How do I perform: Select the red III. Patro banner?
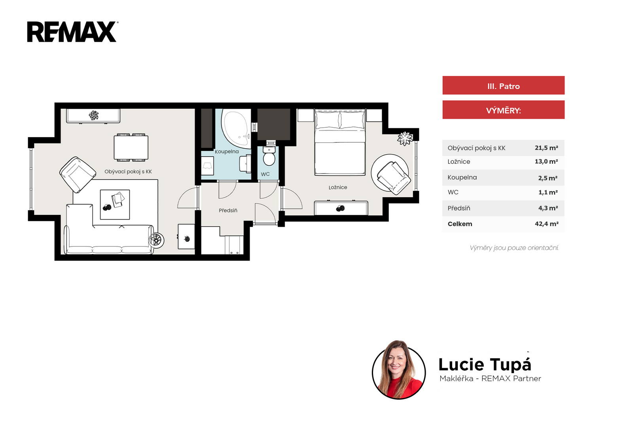pyautogui.click(x=503, y=85)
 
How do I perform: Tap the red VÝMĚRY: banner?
pyautogui.click(x=503, y=110)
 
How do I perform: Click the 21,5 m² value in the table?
pyautogui.click(x=546, y=148)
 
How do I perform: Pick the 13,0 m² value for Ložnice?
pyautogui.click(x=546, y=162)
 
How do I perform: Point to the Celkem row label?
pyautogui.click(x=460, y=224)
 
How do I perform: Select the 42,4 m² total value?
pyautogui.click(x=546, y=224)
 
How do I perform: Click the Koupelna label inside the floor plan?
pyautogui.click(x=227, y=152)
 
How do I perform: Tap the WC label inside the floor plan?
pyautogui.click(x=265, y=174)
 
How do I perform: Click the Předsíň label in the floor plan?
pyautogui.click(x=228, y=210)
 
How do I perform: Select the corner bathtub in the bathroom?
pyautogui.click(x=236, y=128)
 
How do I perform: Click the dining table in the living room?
pyautogui.click(x=131, y=148)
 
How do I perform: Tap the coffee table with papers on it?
pyautogui.click(x=115, y=205)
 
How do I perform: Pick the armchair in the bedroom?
pyautogui.click(x=393, y=177)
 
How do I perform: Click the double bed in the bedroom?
pyautogui.click(x=340, y=142)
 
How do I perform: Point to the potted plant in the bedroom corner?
pyautogui.click(x=405, y=138)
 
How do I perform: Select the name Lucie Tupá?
pyautogui.click(x=485, y=364)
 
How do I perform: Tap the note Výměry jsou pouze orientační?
pyautogui.click(x=514, y=248)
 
